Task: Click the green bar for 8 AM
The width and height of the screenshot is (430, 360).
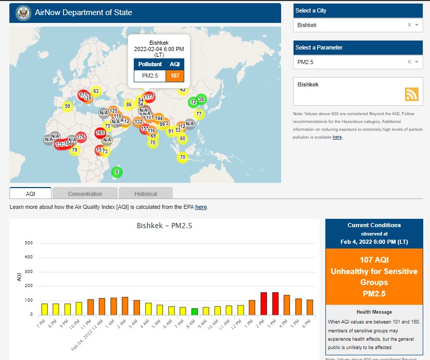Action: (x=194, y=312)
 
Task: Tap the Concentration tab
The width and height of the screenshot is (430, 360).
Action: (x=85, y=194)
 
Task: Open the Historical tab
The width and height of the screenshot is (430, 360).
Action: (x=146, y=194)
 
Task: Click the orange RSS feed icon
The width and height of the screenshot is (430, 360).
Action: (x=412, y=94)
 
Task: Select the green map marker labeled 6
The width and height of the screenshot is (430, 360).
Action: (x=117, y=172)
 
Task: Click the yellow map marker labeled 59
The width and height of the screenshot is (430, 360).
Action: (x=67, y=107)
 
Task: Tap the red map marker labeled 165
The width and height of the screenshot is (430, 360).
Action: (x=100, y=133)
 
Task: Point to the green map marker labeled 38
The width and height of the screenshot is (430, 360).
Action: (x=201, y=99)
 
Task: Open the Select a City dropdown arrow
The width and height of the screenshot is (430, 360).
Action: (x=417, y=25)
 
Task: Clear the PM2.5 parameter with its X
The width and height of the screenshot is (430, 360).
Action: (x=409, y=62)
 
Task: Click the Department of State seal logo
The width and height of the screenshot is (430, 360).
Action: (x=23, y=13)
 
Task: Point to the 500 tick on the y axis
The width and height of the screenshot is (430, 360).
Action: (x=29, y=243)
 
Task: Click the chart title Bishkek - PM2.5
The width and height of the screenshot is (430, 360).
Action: (x=165, y=226)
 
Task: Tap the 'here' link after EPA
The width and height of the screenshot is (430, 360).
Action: (x=201, y=207)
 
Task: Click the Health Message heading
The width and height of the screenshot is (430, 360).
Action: (x=374, y=312)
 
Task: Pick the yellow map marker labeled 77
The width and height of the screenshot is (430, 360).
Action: (x=198, y=114)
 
